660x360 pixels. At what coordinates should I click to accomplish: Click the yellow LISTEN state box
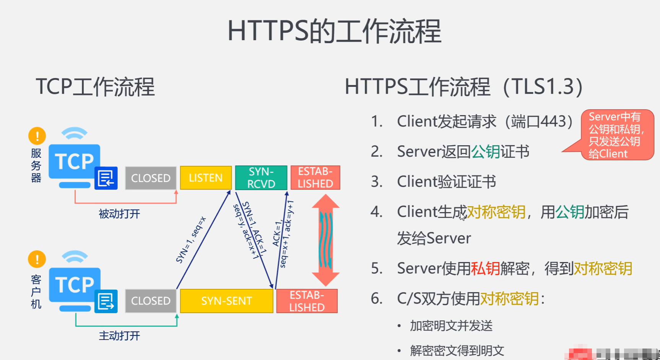(206, 178)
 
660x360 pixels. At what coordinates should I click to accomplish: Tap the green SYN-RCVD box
(261, 178)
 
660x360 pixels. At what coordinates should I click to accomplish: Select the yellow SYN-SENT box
(226, 301)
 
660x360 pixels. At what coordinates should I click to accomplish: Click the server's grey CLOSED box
(151, 178)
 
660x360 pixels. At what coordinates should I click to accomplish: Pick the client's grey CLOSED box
(151, 301)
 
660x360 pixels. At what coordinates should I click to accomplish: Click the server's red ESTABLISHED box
(315, 178)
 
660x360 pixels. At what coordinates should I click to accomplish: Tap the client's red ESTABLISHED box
(307, 301)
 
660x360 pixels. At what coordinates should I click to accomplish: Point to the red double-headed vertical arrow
(326, 240)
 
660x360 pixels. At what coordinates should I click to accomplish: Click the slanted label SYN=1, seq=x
(191, 240)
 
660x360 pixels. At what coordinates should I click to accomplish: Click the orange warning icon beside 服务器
(37, 136)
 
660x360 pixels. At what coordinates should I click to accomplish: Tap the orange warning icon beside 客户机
(37, 259)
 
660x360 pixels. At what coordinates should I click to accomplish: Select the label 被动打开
(119, 214)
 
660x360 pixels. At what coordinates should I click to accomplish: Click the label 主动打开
(119, 336)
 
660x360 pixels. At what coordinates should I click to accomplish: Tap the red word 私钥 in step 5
(485, 269)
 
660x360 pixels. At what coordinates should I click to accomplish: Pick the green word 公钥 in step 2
(486, 152)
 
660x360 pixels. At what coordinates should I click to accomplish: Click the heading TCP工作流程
(95, 87)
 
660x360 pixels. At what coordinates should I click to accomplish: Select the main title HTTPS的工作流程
(334, 31)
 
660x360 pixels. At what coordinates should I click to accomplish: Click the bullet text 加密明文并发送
(451, 326)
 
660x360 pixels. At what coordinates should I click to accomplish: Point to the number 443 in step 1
(553, 122)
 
